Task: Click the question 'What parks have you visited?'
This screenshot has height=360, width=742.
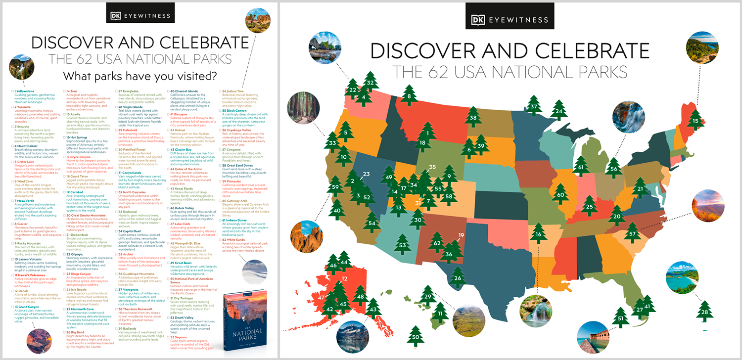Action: (x=139, y=76)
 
